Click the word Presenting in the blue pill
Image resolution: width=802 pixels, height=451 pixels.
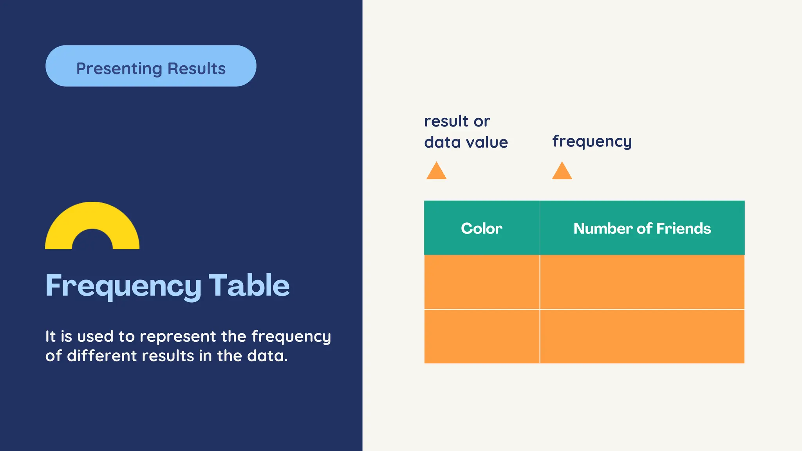point(119,69)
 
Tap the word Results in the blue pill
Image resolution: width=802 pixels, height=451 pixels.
point(197,69)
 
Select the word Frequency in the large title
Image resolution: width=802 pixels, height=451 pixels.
point(123,286)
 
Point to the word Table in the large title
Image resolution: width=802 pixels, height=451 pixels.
point(249,285)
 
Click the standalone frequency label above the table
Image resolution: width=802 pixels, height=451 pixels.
point(592,141)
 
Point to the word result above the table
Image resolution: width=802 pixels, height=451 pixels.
point(446,121)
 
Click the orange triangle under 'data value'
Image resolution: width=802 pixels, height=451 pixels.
point(436,171)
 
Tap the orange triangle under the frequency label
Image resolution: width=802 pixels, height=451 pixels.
point(562,171)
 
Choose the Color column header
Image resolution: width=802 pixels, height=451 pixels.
point(482,228)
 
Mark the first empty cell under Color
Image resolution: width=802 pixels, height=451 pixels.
point(482,282)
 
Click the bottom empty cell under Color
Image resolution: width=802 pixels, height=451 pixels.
point(482,336)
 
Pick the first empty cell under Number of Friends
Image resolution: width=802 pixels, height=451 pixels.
point(642,282)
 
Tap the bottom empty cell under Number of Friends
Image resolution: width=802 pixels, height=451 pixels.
point(642,336)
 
